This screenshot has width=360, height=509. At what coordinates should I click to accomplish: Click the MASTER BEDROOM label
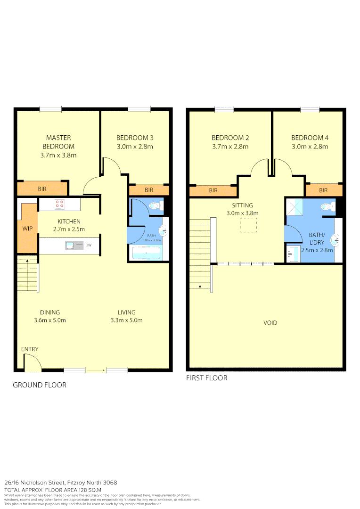[58, 142]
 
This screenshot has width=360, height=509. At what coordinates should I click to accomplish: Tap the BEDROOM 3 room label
[135, 138]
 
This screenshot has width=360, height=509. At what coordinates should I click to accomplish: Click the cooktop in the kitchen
[60, 204]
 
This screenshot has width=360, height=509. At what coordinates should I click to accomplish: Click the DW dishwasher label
[89, 245]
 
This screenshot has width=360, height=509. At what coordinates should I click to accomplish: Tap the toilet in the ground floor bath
[155, 205]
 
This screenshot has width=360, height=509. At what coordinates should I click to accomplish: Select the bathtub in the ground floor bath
[147, 254]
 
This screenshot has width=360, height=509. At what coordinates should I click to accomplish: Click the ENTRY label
[30, 349]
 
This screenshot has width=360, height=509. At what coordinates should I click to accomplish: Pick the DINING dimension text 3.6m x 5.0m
[50, 320]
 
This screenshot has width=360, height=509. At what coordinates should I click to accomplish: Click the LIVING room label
[126, 312]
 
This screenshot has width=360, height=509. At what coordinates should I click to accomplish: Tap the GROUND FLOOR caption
[40, 385]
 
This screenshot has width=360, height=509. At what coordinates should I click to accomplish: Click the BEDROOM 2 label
[230, 138]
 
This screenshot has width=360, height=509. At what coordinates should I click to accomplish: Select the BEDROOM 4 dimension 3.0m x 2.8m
[310, 147]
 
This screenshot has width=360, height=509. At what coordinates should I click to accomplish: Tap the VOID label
[270, 323]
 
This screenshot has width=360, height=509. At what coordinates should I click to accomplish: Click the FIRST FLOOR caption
[207, 378]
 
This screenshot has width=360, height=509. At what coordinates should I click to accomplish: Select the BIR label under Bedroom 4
[323, 190]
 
